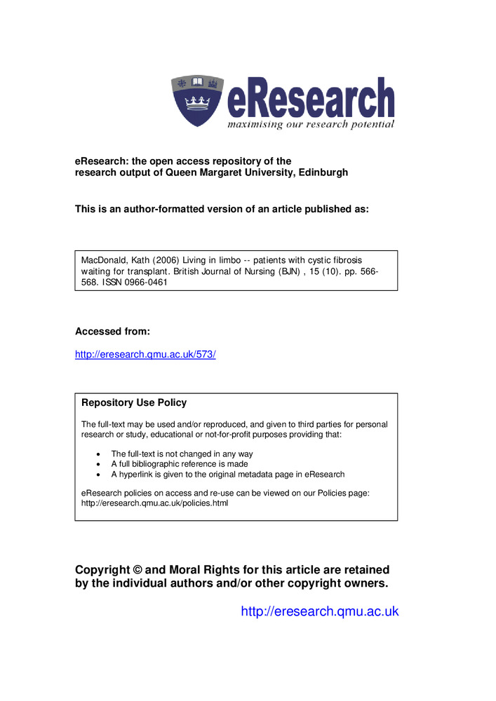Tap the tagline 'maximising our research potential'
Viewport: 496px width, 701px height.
310,125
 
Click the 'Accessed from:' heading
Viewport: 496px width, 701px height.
112,331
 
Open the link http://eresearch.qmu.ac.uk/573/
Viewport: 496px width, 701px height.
145,354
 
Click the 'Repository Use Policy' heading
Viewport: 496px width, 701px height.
134,403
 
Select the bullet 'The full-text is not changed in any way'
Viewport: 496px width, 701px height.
182,454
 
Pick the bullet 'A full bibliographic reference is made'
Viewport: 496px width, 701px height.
180,463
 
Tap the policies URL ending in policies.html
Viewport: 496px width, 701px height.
154,503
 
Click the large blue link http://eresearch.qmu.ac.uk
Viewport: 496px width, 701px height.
319,611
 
